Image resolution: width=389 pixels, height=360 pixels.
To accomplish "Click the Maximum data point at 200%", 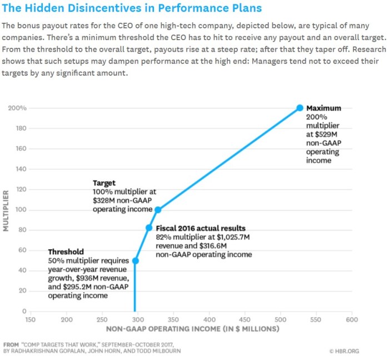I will click(x=300, y=108).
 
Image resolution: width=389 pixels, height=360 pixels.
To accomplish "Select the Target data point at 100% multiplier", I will click(x=158, y=210).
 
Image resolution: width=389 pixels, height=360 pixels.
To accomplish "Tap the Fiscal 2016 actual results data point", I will click(x=149, y=228).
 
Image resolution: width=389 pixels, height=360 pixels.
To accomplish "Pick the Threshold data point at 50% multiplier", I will click(x=135, y=260).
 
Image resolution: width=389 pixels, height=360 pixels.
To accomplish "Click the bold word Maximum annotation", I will click(x=323, y=109).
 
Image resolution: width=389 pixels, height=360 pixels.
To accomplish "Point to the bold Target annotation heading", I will click(x=104, y=183).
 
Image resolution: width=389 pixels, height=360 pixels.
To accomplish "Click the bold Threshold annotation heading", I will click(x=66, y=252).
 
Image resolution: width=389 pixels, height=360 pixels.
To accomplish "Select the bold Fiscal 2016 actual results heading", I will click(x=201, y=229).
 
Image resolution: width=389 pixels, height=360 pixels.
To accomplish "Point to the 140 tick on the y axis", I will click(x=20, y=169).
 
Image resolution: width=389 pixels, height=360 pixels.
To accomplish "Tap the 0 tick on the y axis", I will click(x=24, y=311).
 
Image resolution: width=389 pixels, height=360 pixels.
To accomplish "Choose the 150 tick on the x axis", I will click(x=31, y=320).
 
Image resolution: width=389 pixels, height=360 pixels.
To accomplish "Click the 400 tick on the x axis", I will click(x=210, y=320).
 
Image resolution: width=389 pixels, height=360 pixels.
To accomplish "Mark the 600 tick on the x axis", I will click(x=352, y=320).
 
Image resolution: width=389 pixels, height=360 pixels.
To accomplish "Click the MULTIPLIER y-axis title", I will click(x=7, y=210).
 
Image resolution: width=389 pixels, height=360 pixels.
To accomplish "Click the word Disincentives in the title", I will click(x=114, y=9).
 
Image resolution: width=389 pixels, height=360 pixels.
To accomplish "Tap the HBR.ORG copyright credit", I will click(x=346, y=351).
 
